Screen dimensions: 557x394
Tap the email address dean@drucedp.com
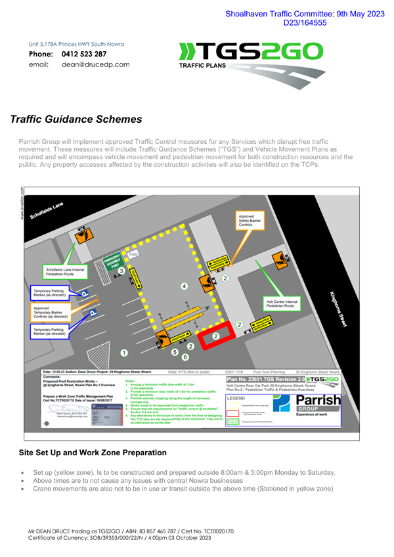pos(95,65)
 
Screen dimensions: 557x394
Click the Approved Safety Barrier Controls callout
pos(250,221)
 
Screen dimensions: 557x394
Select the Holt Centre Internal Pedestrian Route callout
pos(282,304)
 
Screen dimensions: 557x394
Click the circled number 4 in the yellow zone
pos(185,286)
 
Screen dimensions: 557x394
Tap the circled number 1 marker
pos(123,353)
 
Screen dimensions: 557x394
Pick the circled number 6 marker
pos(185,357)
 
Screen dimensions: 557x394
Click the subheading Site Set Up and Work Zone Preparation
pos(92,453)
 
